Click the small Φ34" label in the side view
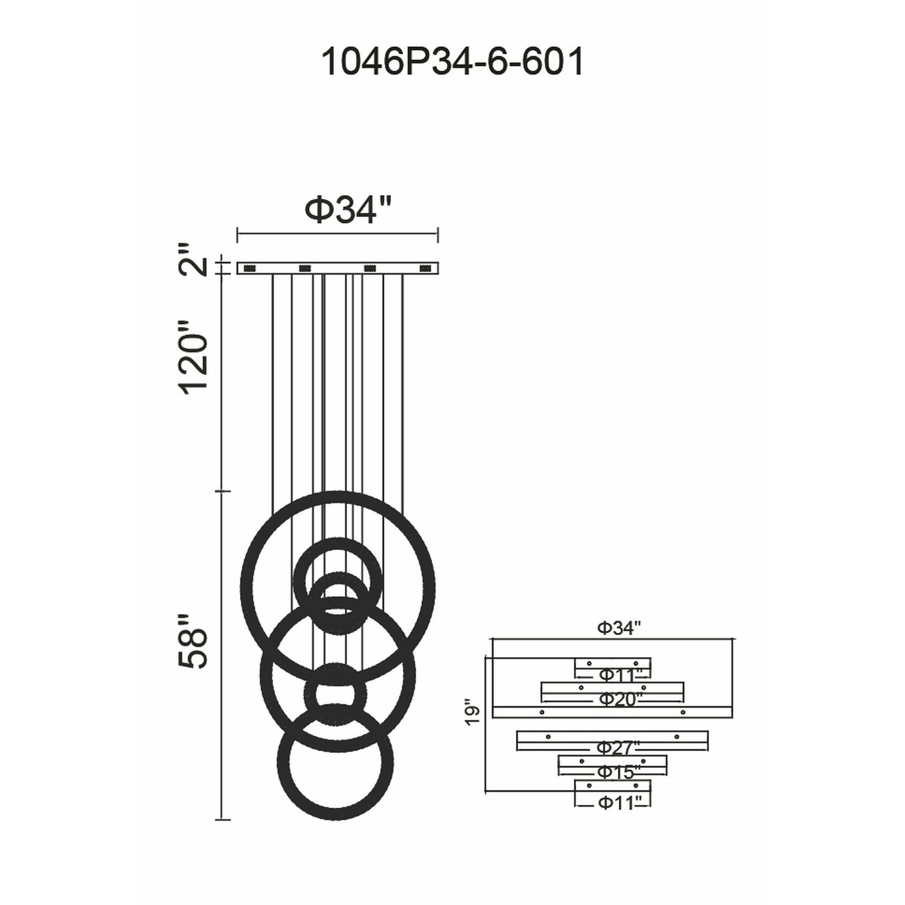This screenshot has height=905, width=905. coord(619,628)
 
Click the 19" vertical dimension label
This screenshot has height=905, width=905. coord(474,713)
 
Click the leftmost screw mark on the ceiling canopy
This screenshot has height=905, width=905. coord(249,268)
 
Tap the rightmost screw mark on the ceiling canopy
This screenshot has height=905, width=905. coord(425,268)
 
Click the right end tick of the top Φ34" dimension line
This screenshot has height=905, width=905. coord(438,235)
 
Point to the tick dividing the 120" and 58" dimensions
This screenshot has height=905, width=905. coord(223,491)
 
